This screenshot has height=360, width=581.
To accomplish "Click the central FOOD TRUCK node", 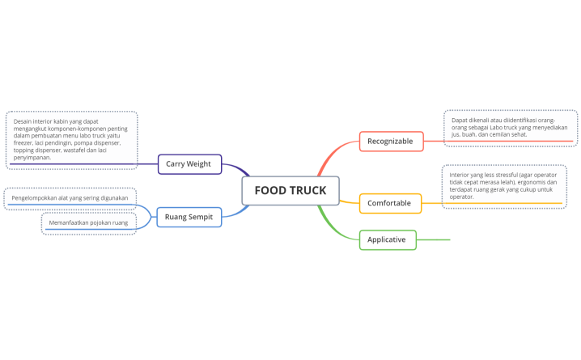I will click(290, 191).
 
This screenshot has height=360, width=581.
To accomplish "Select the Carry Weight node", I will click(189, 163).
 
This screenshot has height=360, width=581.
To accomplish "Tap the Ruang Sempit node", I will click(189, 217).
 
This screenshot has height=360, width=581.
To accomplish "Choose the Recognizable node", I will click(390, 142).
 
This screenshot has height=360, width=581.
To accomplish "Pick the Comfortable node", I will click(389, 203).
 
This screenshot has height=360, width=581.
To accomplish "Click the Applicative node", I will click(387, 239).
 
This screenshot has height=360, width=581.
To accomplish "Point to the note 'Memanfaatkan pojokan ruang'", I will click(88, 222).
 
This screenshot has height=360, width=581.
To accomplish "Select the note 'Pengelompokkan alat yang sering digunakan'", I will click(70, 197).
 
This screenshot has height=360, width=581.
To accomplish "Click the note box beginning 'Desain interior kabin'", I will click(71, 139).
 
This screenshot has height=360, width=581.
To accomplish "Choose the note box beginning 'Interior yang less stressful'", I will click(503, 185).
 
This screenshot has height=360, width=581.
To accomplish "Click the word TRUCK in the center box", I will click(308, 191).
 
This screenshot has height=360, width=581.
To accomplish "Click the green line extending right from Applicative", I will click(433, 239).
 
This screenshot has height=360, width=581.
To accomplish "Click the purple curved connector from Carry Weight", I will click(237, 170).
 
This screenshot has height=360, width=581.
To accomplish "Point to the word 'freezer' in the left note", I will click(26, 143).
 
